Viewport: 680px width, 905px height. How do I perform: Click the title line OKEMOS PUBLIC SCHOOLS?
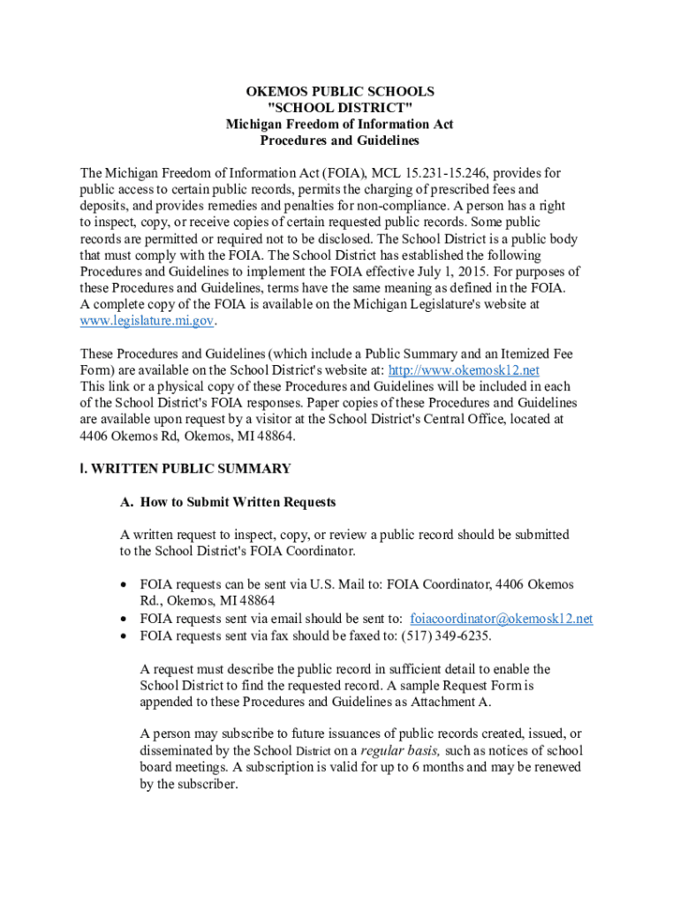click(339, 92)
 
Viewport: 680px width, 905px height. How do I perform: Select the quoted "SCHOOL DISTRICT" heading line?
click(339, 108)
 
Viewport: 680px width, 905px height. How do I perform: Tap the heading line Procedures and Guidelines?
click(339, 141)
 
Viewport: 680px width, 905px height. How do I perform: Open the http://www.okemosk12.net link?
click(464, 369)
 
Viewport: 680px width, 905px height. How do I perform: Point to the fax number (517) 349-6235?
click(446, 635)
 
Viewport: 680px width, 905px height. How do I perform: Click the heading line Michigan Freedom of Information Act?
click(339, 125)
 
